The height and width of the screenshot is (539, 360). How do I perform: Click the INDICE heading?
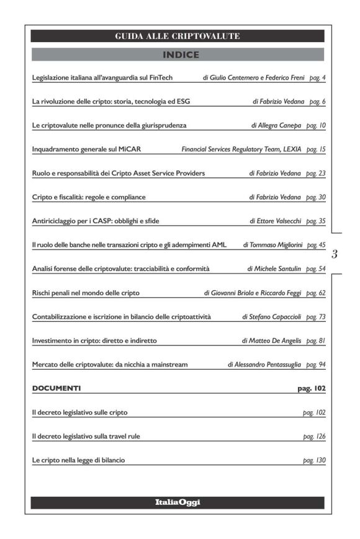pyautogui.click(x=180, y=55)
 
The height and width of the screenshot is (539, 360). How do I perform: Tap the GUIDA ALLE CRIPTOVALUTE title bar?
pyautogui.click(x=178, y=37)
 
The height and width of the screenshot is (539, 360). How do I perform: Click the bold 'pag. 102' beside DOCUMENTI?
pyautogui.click(x=312, y=388)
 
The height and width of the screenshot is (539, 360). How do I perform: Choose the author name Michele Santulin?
pyautogui.click(x=277, y=269)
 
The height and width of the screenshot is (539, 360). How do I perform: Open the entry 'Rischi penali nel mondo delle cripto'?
pyautogui.click(x=86, y=292)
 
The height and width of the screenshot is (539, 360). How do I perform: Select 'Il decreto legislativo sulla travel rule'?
pyautogui.click(x=86, y=436)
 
